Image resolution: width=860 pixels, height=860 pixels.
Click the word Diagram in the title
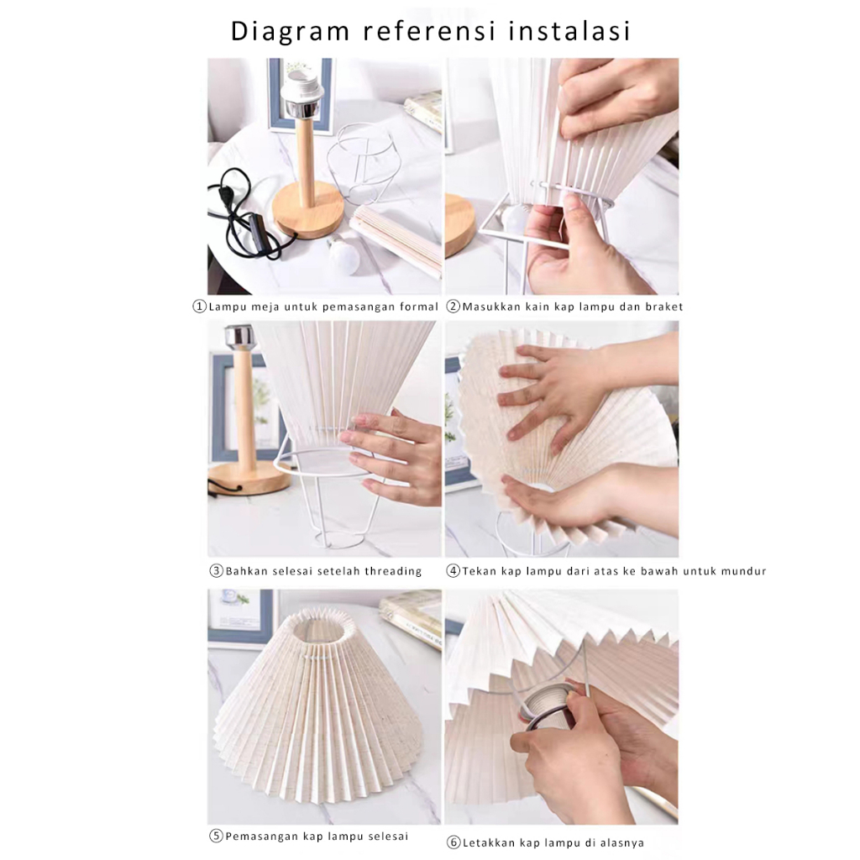(290, 32)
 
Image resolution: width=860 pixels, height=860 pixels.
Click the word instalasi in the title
(569, 31)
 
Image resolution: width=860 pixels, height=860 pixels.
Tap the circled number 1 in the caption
(199, 306)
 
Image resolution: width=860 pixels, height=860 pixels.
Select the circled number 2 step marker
(453, 306)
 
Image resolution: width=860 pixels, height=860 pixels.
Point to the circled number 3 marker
(217, 570)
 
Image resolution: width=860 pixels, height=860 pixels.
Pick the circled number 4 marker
(453, 570)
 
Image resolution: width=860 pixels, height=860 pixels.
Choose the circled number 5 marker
(217, 836)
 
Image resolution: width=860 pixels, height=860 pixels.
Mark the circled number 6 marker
(454, 842)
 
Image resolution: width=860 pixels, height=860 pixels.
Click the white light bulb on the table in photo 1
(343, 255)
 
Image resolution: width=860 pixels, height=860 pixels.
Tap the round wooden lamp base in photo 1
(308, 211)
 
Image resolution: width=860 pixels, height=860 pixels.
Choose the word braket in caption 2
(663, 307)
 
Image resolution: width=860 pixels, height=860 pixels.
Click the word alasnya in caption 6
(622, 842)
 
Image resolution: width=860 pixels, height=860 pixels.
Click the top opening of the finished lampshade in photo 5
(319, 628)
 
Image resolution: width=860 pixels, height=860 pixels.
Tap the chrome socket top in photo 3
(240, 336)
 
